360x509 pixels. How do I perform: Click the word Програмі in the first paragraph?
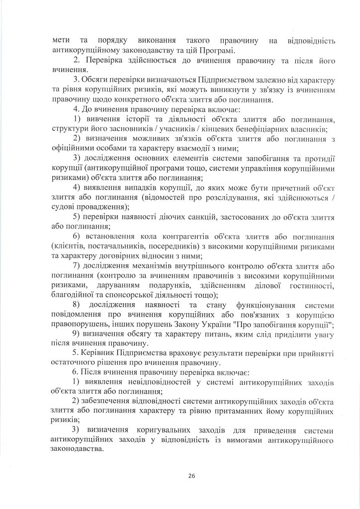[x=213, y=50]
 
